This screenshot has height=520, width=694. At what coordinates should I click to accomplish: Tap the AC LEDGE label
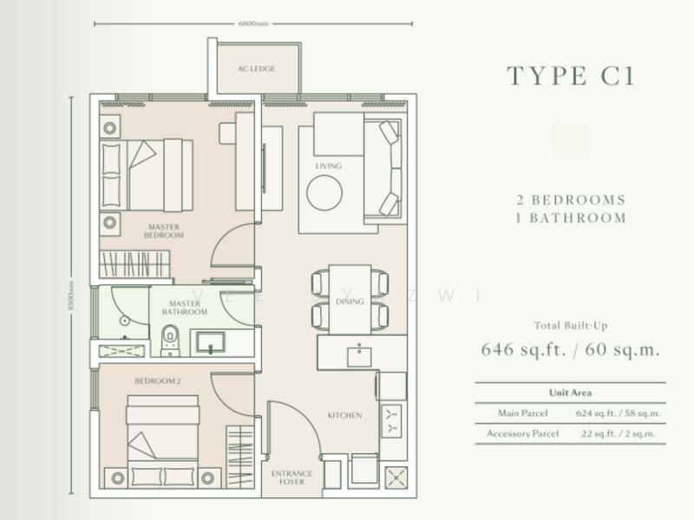[x=257, y=69]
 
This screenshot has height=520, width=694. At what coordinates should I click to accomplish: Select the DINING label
[x=350, y=302]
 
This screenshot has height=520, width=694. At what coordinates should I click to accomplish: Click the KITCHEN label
[x=344, y=416]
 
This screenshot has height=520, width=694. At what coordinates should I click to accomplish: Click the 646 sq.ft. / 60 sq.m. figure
[x=570, y=350]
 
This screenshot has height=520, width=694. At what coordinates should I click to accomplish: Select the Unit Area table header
[x=570, y=392]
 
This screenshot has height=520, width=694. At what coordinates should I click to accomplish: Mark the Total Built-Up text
[x=570, y=327]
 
